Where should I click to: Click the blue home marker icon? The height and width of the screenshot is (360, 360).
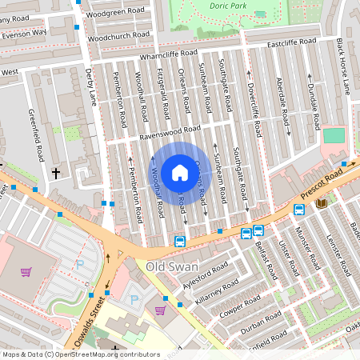click(x=180, y=173)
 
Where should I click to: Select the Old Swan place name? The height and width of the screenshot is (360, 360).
click(x=171, y=265)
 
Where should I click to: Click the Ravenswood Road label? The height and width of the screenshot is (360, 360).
click(x=170, y=133)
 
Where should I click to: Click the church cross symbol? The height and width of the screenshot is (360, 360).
click(x=56, y=172)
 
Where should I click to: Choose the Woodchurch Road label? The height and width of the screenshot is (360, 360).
click(x=118, y=37)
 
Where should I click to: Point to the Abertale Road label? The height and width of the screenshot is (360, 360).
click(x=282, y=102)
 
